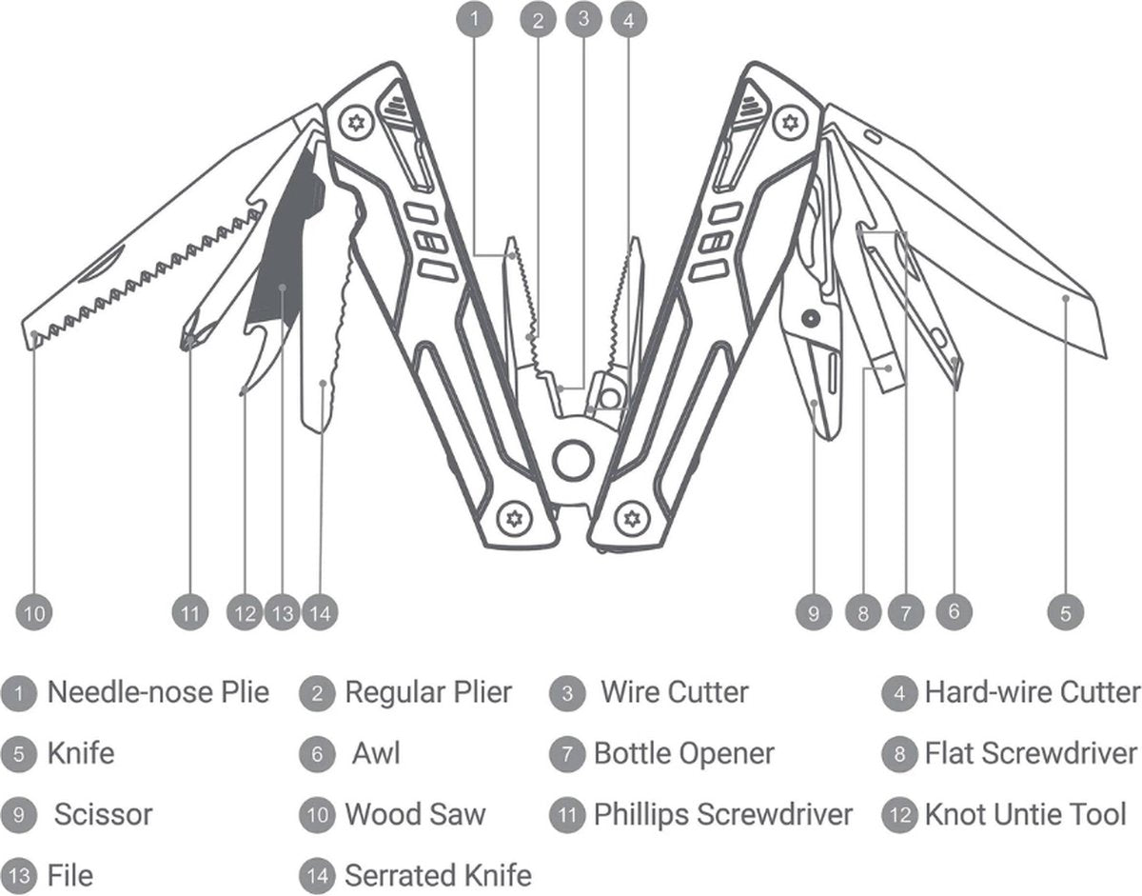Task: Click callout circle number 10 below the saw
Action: point(34,612)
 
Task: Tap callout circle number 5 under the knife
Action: point(1066,612)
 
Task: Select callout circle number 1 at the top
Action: point(476,19)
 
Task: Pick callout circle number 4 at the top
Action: point(625,19)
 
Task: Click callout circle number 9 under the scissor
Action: point(814,612)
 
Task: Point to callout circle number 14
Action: point(321,612)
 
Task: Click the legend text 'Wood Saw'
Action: point(414,815)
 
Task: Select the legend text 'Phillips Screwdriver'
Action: point(722,815)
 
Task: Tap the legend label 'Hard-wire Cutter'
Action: point(1032,692)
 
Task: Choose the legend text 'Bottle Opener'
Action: point(683,754)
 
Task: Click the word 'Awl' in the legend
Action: point(376,754)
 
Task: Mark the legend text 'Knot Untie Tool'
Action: point(1025,815)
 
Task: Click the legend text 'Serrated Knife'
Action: point(437,875)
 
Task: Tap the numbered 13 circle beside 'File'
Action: point(18,875)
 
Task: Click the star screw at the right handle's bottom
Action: point(629,519)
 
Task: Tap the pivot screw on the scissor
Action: point(810,316)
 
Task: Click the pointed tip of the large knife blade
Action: point(1105,356)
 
